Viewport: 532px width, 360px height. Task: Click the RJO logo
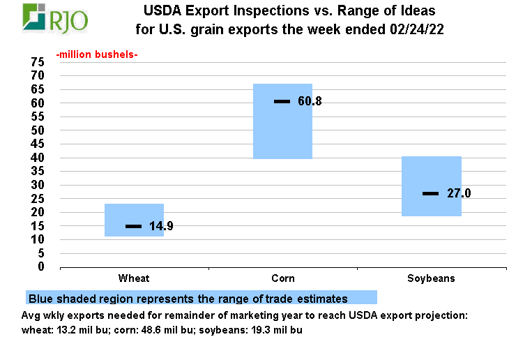pyautogui.click(x=56, y=19)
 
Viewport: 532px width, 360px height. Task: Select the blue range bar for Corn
pyautogui.click(x=282, y=121)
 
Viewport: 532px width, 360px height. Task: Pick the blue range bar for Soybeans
pyautogui.click(x=432, y=186)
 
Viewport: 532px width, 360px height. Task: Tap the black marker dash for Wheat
pyautogui.click(x=133, y=226)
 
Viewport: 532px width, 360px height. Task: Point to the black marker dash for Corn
pyautogui.click(x=282, y=102)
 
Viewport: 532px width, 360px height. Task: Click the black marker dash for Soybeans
pyautogui.click(x=430, y=193)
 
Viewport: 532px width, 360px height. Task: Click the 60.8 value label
pyautogui.click(x=310, y=102)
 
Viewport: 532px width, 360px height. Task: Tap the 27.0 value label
pyautogui.click(x=459, y=193)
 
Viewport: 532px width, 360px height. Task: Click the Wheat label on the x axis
pyautogui.click(x=134, y=278)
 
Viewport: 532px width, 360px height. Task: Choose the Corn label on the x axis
pyautogui.click(x=282, y=278)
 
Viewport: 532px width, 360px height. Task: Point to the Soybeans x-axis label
pyautogui.click(x=431, y=278)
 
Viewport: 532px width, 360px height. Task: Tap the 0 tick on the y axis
pyautogui.click(x=41, y=267)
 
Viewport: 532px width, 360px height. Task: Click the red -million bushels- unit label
pyautogui.click(x=97, y=54)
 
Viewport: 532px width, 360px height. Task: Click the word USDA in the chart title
pyautogui.click(x=162, y=11)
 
